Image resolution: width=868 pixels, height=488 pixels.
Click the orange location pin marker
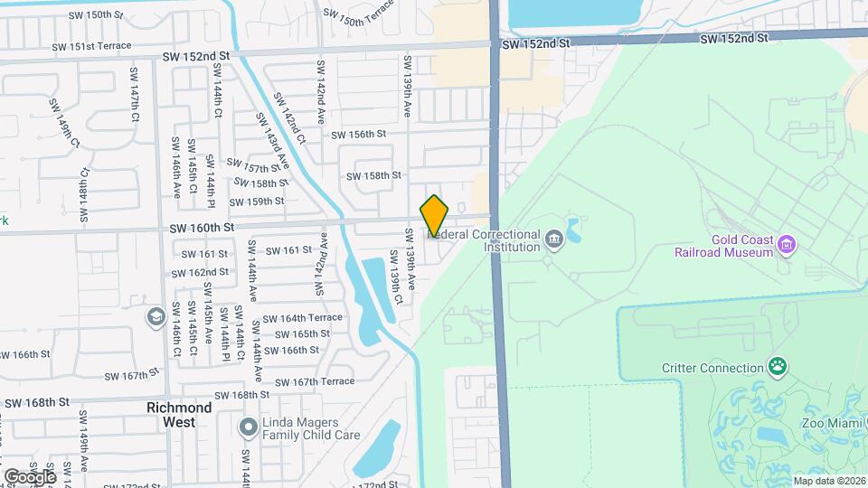click(x=435, y=217)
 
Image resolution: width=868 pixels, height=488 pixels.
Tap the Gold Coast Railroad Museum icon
click(x=788, y=244)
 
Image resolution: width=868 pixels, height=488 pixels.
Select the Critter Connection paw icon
click(x=777, y=366)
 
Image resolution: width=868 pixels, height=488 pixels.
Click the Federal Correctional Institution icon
click(x=553, y=239)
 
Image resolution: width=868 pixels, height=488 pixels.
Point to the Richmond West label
click(x=179, y=414)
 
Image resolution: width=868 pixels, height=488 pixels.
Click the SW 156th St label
click(x=359, y=134)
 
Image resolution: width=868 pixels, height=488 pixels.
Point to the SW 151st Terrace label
click(x=91, y=46)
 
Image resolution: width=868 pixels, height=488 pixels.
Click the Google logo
click(x=30, y=476)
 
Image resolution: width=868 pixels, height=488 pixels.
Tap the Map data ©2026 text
click(x=828, y=481)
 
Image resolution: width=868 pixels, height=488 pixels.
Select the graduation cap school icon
click(x=156, y=317)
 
